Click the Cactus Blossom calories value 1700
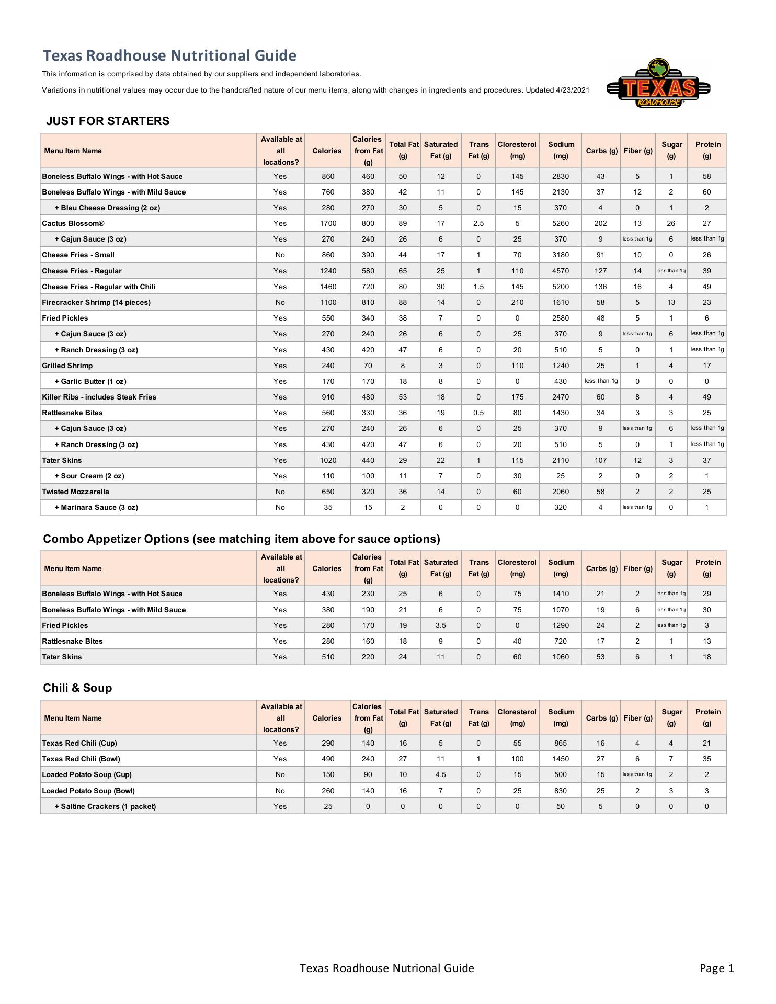(328, 223)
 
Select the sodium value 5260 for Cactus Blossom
(560, 223)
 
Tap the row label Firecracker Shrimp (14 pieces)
(96, 302)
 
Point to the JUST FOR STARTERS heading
(108, 121)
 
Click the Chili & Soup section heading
(77, 688)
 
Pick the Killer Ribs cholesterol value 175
(517, 397)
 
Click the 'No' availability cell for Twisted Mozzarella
(280, 492)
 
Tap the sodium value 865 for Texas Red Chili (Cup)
(560, 743)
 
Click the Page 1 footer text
(716, 968)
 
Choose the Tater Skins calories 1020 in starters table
(328, 460)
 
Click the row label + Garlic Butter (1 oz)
(90, 381)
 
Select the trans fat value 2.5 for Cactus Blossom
(478, 223)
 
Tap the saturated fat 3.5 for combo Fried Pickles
(440, 625)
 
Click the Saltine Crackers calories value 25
(328, 806)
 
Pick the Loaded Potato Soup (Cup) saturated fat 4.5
(440, 774)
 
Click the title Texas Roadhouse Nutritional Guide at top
(169, 55)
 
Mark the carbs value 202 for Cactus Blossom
(600, 223)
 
